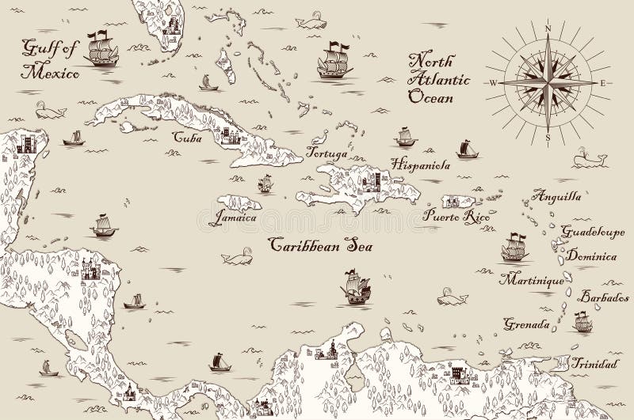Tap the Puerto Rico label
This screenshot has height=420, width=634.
pos(448,214)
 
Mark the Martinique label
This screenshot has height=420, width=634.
pos(532,281)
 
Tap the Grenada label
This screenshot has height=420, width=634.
pos(526,324)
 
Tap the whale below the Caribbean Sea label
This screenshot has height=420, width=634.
pos(235,258)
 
